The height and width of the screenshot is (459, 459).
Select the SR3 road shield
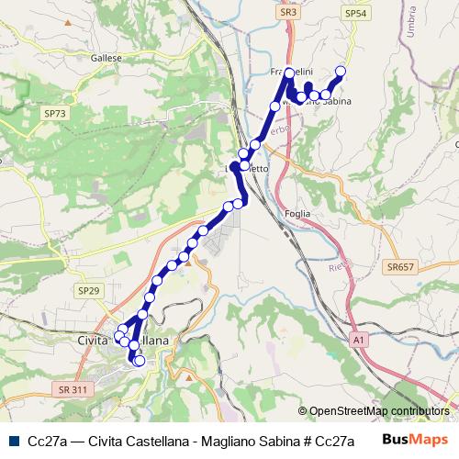288,13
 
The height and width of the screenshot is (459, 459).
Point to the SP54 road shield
354,13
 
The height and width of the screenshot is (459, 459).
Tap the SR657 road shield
399,265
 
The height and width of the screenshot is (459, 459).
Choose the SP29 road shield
88,290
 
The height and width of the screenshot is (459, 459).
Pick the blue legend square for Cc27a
14,440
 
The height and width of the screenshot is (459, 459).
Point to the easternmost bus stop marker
341,71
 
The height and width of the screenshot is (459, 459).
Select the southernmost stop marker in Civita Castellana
139,362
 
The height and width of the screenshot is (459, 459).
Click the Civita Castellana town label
119,341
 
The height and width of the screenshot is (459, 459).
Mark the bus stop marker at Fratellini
289,72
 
